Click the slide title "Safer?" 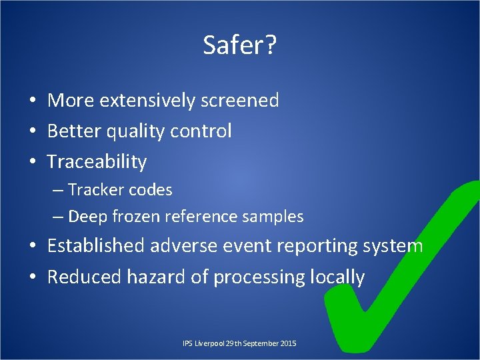pyautogui.click(x=240, y=45)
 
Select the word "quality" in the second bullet pyautogui.click(x=135, y=131)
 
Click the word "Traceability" pyautogui.click(x=97, y=162)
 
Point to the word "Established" pyautogui.click(x=96, y=246)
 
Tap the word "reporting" pyautogui.click(x=303, y=247)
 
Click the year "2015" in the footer pyautogui.click(x=287, y=343)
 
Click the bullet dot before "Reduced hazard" pyautogui.click(x=32, y=277)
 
